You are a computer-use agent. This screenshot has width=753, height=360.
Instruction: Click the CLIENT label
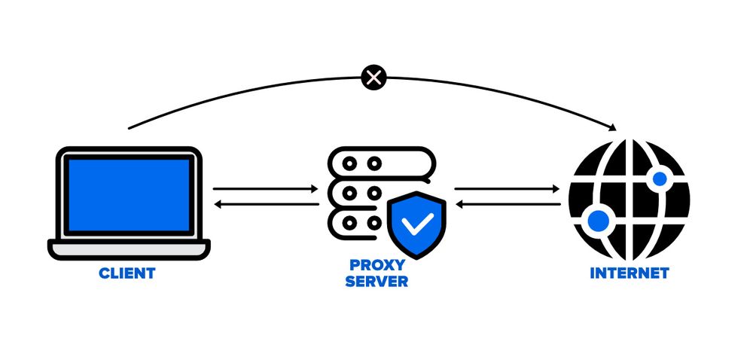pyautogui.click(x=127, y=273)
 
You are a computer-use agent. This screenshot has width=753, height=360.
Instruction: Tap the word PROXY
pyautogui.click(x=376, y=265)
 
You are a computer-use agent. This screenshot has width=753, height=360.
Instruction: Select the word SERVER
pyautogui.click(x=376, y=282)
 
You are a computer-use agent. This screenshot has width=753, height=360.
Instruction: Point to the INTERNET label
pyautogui.click(x=629, y=273)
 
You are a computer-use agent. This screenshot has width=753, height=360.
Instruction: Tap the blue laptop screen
pyautogui.click(x=129, y=194)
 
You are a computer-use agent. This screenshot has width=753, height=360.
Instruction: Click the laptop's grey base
pyautogui.click(x=129, y=247)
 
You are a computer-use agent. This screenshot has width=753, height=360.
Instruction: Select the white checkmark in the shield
pyautogui.click(x=417, y=224)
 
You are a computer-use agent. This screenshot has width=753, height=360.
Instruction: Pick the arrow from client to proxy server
pyautogui.click(x=265, y=189)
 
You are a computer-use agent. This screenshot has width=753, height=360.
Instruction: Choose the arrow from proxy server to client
pyautogui.click(x=265, y=204)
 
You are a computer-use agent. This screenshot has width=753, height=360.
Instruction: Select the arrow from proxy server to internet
pyautogui.click(x=508, y=189)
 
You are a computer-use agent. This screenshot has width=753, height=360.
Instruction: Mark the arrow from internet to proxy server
pyautogui.click(x=508, y=204)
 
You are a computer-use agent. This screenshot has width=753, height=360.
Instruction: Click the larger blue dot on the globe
pyautogui.click(x=597, y=221)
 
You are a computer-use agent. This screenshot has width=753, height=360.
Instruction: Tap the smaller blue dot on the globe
pyautogui.click(x=660, y=178)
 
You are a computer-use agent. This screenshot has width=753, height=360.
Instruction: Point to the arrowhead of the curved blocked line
pyautogui.click(x=614, y=126)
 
